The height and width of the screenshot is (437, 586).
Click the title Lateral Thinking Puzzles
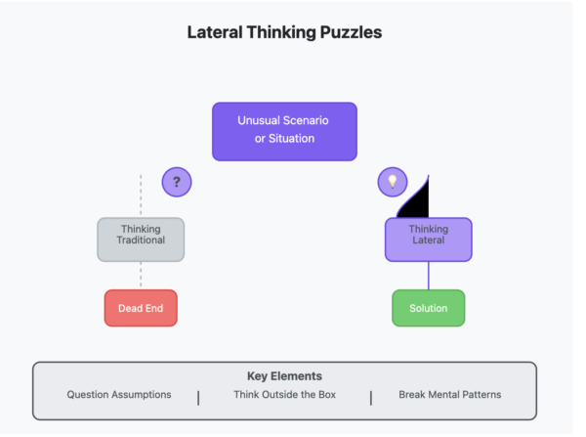point(284,32)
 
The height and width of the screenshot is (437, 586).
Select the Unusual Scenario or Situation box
point(284,131)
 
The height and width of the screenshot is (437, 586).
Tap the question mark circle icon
point(176,181)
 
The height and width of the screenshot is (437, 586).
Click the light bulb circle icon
point(392,181)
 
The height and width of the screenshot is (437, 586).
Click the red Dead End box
point(141,308)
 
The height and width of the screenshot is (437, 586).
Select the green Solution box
point(428,308)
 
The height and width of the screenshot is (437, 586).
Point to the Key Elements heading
point(284,375)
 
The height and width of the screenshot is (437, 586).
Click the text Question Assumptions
point(119,395)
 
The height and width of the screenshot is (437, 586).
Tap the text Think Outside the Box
point(284,395)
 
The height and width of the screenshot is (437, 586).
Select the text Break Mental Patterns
point(450,395)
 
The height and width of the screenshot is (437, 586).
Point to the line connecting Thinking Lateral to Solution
point(428,276)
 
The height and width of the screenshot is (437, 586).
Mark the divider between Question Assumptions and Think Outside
point(198,397)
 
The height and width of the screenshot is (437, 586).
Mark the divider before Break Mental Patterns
point(370,397)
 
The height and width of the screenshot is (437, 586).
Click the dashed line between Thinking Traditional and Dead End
point(141,276)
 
